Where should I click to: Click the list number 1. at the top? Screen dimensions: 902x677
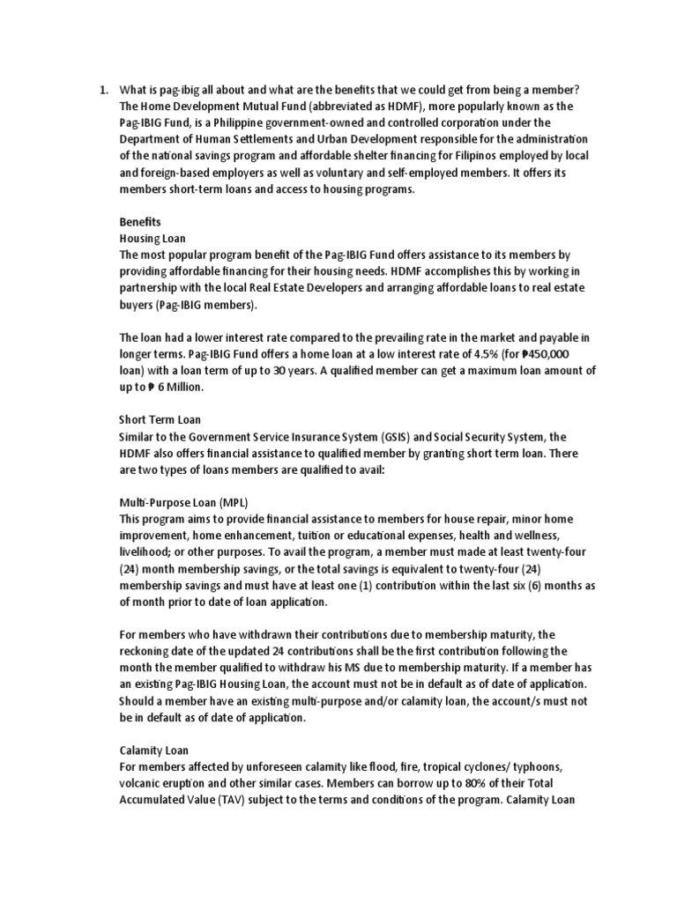tap(102, 91)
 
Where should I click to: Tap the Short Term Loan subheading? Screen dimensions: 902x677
tap(160, 419)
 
